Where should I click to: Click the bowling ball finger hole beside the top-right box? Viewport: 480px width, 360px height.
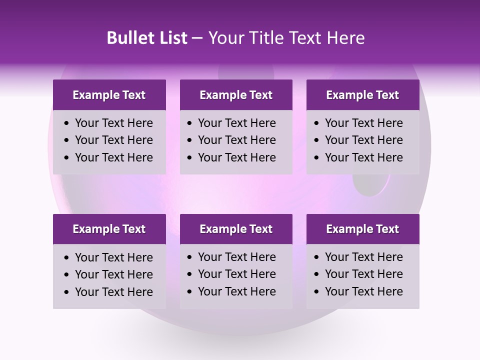pos(371,183)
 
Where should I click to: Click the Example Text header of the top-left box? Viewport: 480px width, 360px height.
pos(109,95)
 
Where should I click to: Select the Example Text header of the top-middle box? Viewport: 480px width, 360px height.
pos(236,95)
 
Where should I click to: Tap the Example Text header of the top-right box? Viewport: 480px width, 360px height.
pos(362,95)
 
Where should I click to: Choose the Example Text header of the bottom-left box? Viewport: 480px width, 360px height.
pos(109,229)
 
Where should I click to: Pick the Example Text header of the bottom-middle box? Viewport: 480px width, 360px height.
pos(236,229)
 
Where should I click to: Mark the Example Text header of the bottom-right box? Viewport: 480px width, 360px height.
pos(362,229)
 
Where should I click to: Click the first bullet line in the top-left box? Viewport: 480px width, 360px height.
pos(113,123)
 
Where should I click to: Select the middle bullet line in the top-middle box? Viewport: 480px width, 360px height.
pos(236,140)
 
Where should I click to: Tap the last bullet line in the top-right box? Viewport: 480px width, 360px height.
pos(363,157)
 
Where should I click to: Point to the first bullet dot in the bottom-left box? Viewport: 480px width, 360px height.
pos(66,258)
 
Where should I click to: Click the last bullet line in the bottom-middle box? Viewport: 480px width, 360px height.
pos(236,291)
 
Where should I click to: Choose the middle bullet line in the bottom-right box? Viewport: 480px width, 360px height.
pos(363,274)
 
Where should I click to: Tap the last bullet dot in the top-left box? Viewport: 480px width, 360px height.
pos(66,158)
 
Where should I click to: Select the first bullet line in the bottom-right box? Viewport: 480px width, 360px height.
pos(363,257)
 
